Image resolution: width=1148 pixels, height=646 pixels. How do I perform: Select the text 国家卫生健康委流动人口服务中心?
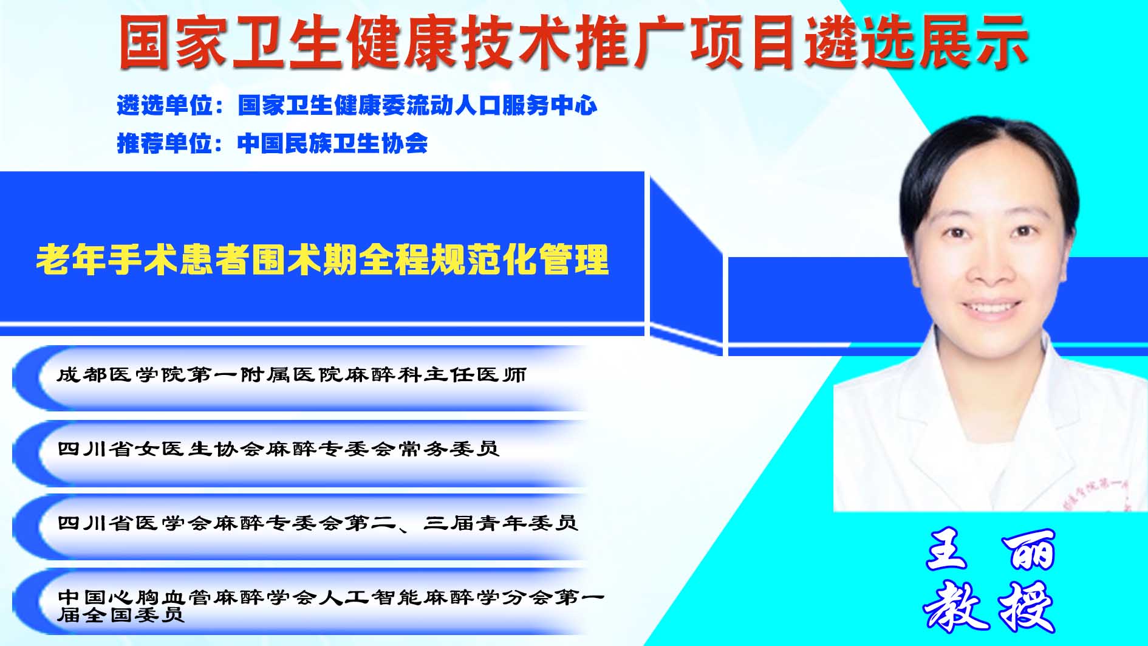[x=417, y=106]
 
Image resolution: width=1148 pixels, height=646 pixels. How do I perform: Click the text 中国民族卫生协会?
[x=333, y=143]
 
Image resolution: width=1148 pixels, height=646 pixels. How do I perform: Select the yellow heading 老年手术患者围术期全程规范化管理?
[x=323, y=260]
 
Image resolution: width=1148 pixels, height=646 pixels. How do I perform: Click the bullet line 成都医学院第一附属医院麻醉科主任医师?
[x=292, y=374]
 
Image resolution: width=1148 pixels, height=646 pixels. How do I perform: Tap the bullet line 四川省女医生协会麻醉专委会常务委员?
[x=278, y=449]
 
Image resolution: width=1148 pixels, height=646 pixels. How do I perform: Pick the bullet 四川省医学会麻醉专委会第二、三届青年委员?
[x=317, y=523]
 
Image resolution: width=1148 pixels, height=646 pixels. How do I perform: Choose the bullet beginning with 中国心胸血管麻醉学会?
[x=331, y=605]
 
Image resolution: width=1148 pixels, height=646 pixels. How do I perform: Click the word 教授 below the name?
[x=989, y=606]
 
